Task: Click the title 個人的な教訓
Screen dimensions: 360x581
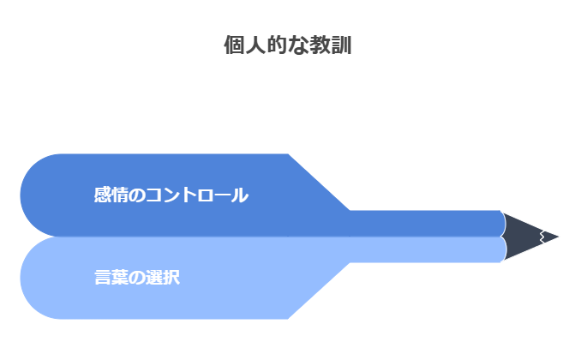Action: [287, 45]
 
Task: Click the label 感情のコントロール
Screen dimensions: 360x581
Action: [171, 195]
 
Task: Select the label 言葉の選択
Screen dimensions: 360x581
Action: [137, 278]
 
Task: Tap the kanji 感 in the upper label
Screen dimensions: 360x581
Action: [103, 195]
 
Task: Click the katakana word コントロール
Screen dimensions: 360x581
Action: [197, 195]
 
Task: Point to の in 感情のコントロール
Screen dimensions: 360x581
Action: [137, 195]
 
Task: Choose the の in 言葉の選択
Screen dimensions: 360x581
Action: [137, 278]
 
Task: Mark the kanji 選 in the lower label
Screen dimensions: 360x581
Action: [154, 278]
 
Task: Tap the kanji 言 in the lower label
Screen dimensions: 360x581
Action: [103, 278]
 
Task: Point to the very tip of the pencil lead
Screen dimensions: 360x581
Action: [560, 237]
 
